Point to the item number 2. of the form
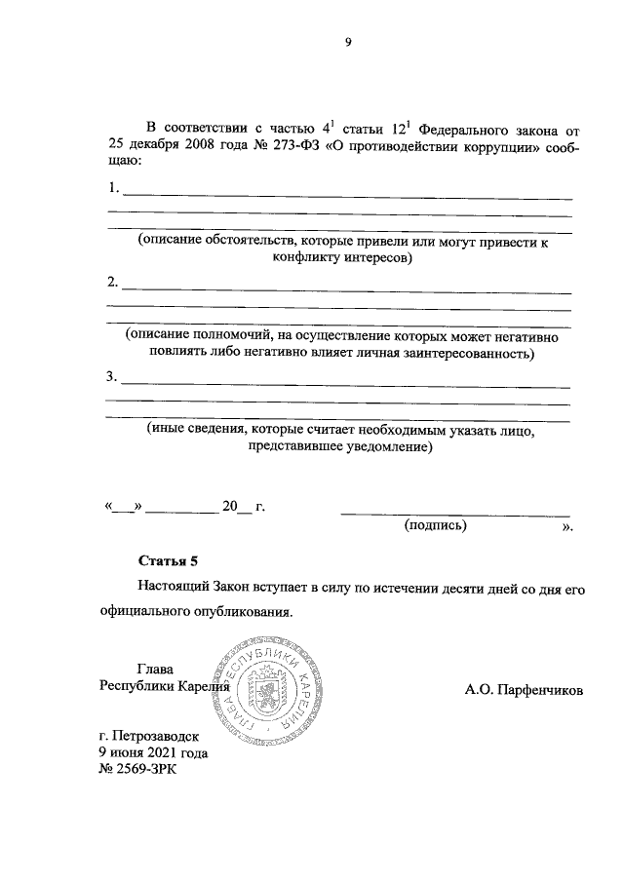113,284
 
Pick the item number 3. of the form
113,376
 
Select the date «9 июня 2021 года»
153,753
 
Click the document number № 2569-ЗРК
140,770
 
